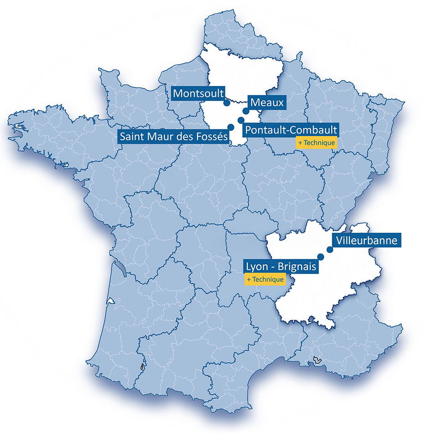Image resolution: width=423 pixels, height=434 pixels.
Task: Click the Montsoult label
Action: click(199, 94)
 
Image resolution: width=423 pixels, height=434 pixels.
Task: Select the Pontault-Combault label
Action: click(291, 130)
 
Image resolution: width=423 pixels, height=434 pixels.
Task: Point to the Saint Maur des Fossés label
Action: click(174, 136)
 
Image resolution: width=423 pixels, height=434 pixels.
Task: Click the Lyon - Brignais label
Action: click(281, 266)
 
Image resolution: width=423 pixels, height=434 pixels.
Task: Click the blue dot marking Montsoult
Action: click(227, 103)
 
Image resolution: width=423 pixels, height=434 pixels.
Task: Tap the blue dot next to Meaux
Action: click(246, 111)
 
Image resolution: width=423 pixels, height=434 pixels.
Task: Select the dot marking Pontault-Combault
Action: click(241, 120)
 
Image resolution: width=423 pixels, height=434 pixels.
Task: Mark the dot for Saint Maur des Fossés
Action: click(231, 127)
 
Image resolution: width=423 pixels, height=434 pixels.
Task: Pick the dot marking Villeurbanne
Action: click(329, 250)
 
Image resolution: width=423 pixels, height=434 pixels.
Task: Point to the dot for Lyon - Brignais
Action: click(320, 256)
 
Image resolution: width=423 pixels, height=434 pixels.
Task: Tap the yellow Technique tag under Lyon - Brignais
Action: click(265, 279)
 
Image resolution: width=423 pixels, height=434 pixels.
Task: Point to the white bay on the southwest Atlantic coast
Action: click(111, 301)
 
